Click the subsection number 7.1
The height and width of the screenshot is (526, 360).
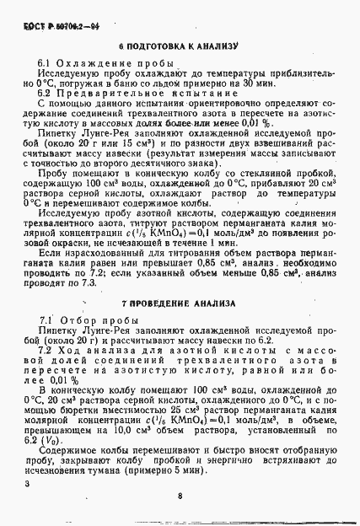pos(48,321)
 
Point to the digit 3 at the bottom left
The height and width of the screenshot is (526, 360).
pos(27,484)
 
